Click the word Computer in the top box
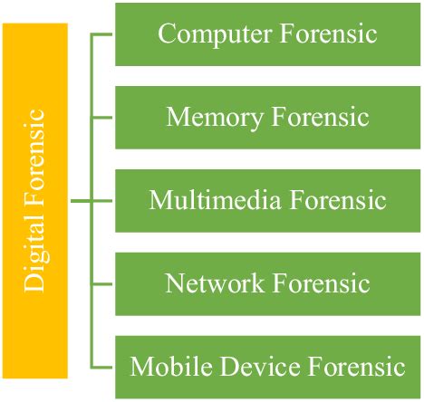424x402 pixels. pos(215,34)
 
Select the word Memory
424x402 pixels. pos(215,118)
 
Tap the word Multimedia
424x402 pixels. pos(215,199)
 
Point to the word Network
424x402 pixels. pos(214,282)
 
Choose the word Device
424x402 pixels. pos(260,366)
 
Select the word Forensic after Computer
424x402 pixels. pos(329,33)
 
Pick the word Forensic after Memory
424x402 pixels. pos(321,117)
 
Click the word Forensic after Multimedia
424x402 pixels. pos(338,199)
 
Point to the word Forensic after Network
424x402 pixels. pos(322,282)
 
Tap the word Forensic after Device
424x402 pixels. pos(357,366)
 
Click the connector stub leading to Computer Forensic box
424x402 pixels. pos(101,34)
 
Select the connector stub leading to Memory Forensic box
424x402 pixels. pos(101,118)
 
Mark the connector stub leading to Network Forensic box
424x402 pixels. pos(101,284)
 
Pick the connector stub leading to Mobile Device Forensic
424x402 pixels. pos(101,367)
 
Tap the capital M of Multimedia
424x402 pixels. pos(159,199)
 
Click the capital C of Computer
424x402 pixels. pos(166,33)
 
